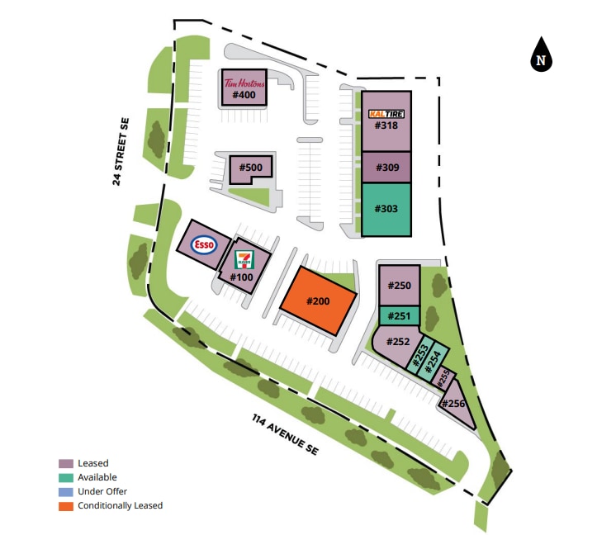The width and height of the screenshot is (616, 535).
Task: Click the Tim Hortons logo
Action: point(244,83)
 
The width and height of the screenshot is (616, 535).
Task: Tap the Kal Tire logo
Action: point(386,113)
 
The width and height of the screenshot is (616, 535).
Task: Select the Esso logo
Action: point(203,244)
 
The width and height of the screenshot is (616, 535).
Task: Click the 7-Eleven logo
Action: point(243,259)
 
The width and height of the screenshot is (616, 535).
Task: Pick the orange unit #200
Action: point(318,301)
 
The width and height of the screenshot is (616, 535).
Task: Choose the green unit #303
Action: point(386,209)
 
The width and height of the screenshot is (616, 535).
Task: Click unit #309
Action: point(386,168)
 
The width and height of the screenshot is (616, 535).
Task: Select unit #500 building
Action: point(251,168)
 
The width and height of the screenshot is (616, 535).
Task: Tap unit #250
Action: point(400,286)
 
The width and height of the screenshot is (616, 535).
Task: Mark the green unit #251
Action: point(400,315)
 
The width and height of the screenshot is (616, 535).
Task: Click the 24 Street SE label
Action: point(121,151)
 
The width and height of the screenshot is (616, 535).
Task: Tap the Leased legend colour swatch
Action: point(65,463)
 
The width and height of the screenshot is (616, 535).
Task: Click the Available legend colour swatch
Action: point(65,477)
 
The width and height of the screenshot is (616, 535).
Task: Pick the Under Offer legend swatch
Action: point(65,491)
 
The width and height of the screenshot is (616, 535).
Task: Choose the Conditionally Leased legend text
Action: point(120,505)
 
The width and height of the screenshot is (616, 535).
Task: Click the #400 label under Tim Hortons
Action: point(244,96)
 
